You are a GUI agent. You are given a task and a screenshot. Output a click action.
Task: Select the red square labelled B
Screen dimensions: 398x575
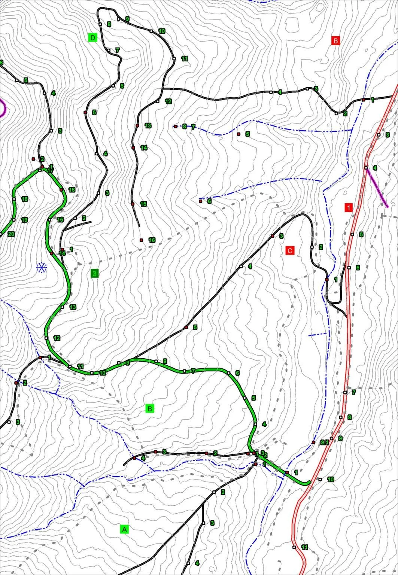(335, 40)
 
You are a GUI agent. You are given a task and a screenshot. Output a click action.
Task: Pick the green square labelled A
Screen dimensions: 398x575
(125, 529)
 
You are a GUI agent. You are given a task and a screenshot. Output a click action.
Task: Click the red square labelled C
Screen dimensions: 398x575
(290, 250)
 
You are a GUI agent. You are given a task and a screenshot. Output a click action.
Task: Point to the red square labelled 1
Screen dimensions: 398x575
(348, 207)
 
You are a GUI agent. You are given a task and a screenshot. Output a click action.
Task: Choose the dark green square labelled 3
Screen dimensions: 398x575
(95, 274)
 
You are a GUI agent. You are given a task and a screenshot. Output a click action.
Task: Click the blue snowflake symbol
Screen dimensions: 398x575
(41, 267)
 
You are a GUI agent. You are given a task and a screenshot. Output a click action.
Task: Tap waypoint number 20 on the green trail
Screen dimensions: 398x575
(1, 234)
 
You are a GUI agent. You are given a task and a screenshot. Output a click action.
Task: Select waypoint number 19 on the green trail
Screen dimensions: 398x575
(14, 220)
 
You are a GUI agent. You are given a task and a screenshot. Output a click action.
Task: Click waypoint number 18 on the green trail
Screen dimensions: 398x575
(14, 199)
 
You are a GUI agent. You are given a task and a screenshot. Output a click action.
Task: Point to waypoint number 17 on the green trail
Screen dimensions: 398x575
(40, 170)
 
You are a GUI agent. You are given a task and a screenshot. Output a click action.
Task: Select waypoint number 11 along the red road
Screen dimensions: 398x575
(294, 547)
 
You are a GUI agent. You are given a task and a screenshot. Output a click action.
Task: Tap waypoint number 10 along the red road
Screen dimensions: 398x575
(320, 479)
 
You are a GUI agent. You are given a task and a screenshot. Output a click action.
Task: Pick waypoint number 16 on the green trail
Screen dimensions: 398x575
(61, 190)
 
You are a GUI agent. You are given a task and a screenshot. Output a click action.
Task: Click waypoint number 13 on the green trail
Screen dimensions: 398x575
(62, 307)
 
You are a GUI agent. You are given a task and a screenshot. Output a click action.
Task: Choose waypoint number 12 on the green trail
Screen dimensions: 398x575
(46, 338)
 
